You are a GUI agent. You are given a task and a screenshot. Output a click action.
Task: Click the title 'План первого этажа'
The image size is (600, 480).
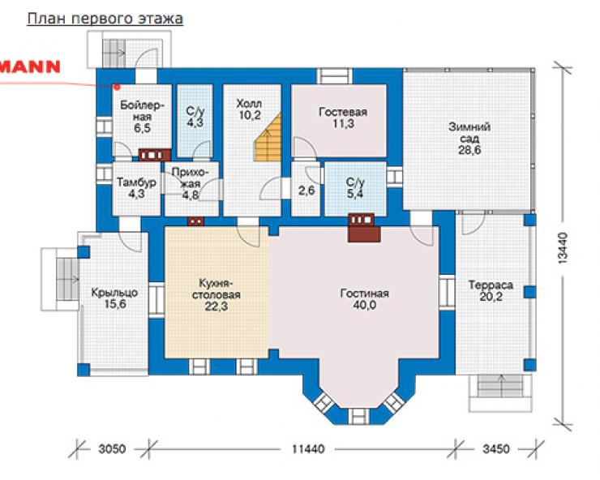pyautogui.click(x=105, y=19)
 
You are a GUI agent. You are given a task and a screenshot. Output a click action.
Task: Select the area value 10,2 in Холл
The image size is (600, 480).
pyautogui.click(x=250, y=115)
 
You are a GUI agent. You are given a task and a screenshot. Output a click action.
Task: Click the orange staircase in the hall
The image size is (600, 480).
pyautogui.click(x=267, y=137)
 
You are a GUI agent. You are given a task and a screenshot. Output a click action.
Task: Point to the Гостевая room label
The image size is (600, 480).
pyautogui.click(x=343, y=112)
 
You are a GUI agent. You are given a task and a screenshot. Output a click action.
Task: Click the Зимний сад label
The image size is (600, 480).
pyautogui.click(x=469, y=132)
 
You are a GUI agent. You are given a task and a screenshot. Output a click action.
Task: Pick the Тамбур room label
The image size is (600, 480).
pyautogui.click(x=136, y=182)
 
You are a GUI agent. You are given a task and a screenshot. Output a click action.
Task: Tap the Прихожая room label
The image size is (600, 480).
pyautogui.click(x=191, y=178)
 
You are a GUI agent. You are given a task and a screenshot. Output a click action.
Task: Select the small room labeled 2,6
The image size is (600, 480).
pyautogui.click(x=306, y=190)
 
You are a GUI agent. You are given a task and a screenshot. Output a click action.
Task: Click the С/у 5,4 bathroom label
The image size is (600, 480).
pyautogui.click(x=355, y=187)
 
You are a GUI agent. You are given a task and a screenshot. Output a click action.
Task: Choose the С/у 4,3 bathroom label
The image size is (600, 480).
pyautogui.click(x=195, y=117)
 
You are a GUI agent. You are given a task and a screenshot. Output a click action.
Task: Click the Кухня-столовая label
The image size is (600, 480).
pyautogui.click(x=216, y=289)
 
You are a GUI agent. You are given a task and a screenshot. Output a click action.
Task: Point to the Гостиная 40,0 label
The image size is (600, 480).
pyautogui.click(x=364, y=299)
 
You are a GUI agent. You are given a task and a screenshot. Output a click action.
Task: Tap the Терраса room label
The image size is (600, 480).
pyautogui.click(x=491, y=285)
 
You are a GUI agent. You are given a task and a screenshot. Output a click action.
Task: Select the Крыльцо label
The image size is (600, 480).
pyautogui.click(x=114, y=293)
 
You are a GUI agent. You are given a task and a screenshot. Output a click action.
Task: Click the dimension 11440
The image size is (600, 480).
pyautogui.click(x=308, y=448)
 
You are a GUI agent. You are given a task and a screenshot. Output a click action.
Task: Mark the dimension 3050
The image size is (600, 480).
pyautogui.click(x=112, y=448)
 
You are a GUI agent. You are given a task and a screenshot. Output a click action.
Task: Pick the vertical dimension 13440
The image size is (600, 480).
pyautogui.click(x=563, y=248)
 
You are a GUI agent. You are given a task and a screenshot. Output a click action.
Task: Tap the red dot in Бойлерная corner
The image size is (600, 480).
pyautogui.click(x=118, y=88)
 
